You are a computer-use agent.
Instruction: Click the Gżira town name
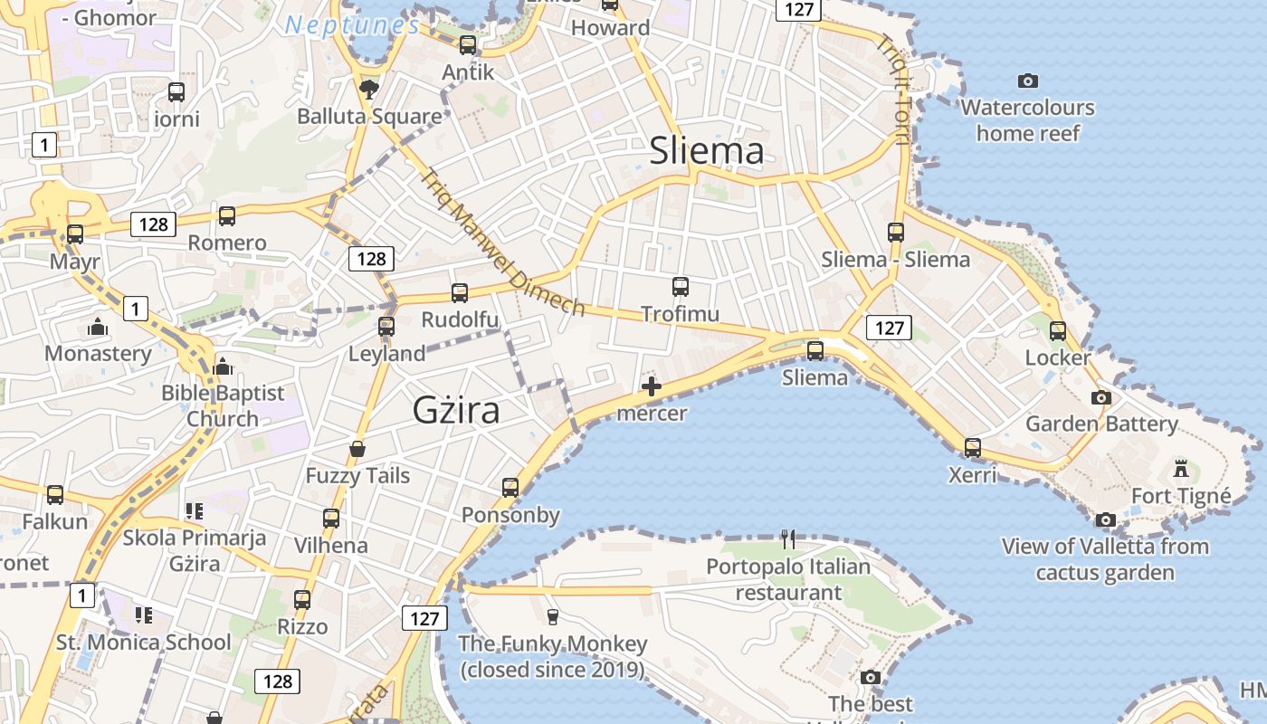click(456, 410)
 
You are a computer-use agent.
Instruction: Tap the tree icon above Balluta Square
click(368, 88)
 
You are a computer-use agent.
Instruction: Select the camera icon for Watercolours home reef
click(1028, 81)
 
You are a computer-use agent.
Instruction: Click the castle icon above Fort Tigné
click(1180, 468)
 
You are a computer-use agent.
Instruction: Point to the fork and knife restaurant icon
click(788, 539)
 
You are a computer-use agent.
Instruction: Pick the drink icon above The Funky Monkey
click(552, 616)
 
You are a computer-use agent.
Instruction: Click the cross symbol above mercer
click(651, 387)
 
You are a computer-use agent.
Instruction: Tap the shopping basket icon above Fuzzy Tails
click(357, 448)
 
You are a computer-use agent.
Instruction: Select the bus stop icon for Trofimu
click(681, 287)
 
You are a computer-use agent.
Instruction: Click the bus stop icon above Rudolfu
click(460, 292)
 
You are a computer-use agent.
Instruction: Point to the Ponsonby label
click(510, 515)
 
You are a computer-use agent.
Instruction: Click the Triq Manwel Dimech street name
click(503, 242)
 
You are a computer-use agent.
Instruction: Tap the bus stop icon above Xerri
click(973, 447)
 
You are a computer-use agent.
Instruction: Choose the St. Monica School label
click(144, 643)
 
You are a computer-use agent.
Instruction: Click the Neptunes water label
click(353, 24)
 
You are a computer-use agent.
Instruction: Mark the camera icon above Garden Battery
click(1101, 397)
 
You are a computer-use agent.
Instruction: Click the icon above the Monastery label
click(98, 327)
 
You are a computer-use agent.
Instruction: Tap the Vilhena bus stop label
click(331, 546)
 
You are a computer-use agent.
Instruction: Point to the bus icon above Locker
click(1058, 331)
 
